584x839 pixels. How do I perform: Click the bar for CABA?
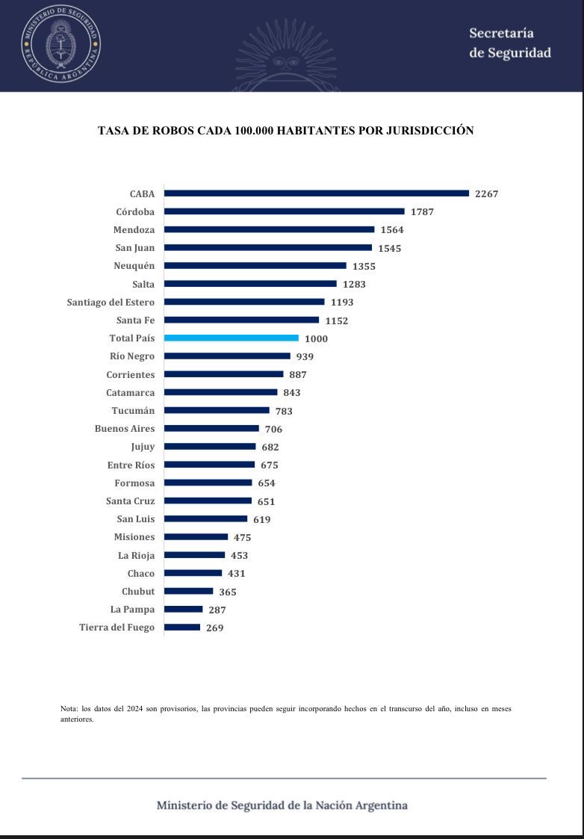pos(317,194)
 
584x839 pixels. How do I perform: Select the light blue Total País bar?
pos(232,338)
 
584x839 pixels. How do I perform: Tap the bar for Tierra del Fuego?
pos(182,628)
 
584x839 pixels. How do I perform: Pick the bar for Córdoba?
pos(284,211)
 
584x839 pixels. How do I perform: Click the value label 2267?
pos(487,194)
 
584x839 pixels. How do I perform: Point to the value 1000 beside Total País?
pos(316,338)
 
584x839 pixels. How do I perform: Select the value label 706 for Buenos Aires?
pos(273,429)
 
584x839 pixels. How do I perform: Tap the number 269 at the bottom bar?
pos(214,628)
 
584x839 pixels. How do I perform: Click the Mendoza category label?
pos(134,229)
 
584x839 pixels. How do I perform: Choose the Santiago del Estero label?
pos(111,302)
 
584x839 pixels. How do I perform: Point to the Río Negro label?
pos(131,356)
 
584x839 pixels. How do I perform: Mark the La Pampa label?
pos(132,610)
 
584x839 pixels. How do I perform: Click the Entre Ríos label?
pos(131,465)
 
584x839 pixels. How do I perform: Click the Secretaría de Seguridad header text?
pos(509,43)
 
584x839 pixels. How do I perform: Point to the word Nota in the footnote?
pos(69,708)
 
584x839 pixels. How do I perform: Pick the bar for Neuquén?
pos(255,266)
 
